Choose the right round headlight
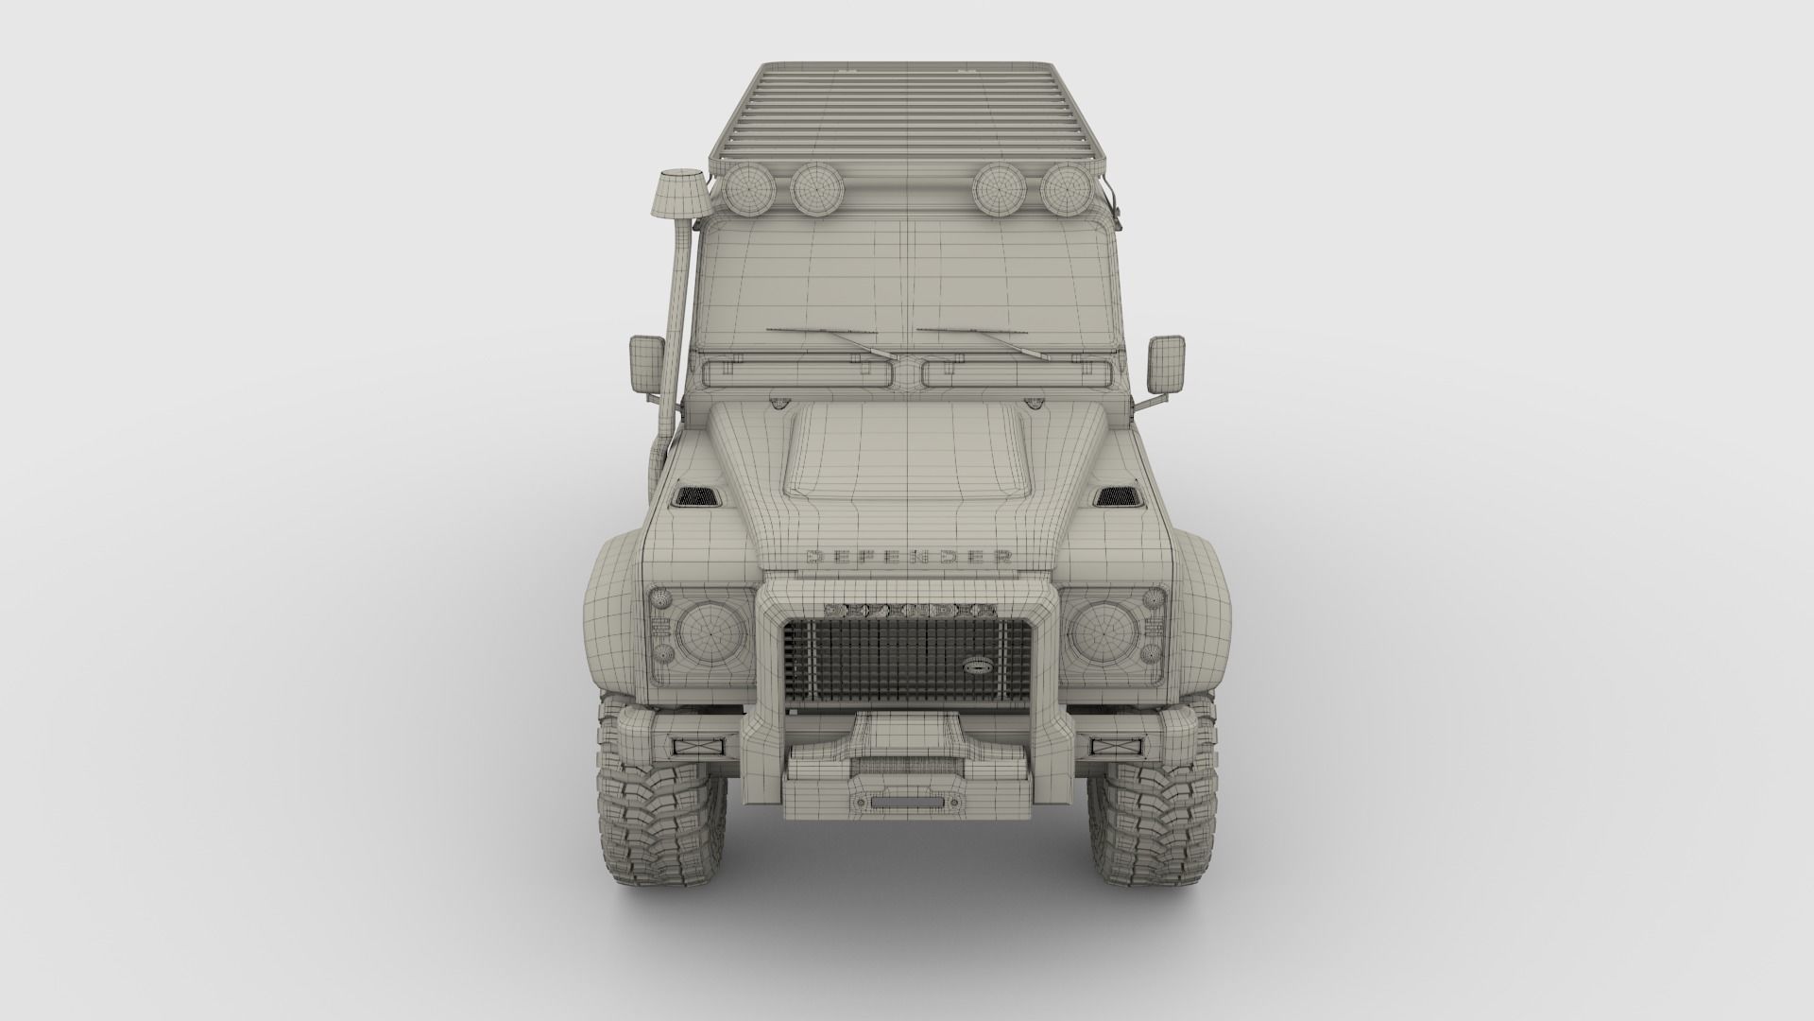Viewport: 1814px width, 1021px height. point(1107,632)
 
